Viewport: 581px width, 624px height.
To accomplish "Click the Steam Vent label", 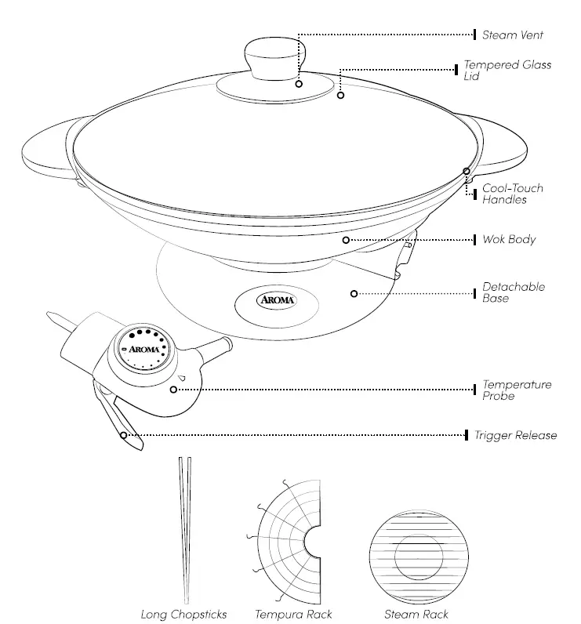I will point(512,35).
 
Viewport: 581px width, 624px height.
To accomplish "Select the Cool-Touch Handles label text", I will point(512,194).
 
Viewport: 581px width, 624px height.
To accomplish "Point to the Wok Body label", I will point(509,239).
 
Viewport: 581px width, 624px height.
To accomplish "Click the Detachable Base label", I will point(513,292).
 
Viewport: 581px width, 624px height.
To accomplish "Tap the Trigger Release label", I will point(515,435).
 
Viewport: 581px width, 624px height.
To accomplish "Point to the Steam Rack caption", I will point(416,614).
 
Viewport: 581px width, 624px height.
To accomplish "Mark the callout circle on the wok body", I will point(345,239).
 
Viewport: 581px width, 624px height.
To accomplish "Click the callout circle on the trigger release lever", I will point(123,434).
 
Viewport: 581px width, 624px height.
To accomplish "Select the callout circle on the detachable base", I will point(354,293).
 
